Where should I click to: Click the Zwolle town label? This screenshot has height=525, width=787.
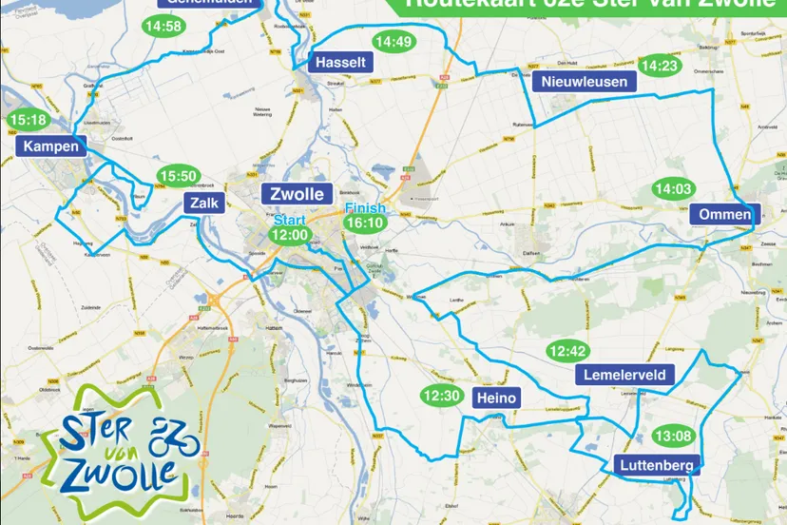tap(298, 195)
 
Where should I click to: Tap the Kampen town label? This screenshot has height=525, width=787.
tap(52, 146)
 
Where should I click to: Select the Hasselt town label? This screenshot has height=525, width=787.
tap(340, 62)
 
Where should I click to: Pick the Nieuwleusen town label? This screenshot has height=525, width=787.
tap(585, 82)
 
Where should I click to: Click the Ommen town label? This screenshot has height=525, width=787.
tap(724, 214)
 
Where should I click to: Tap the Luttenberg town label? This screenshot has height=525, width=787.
tap(658, 465)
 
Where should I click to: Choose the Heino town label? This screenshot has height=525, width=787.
tap(495, 398)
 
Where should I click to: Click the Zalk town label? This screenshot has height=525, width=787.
tap(199, 203)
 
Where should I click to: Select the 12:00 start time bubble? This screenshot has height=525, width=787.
tap(290, 234)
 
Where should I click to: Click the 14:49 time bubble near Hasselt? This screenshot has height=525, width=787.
tap(393, 42)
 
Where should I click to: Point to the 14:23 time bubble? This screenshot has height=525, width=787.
tap(660, 66)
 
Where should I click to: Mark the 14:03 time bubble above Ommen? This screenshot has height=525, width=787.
tap(672, 189)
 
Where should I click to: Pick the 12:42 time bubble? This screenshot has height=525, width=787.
tap(568, 351)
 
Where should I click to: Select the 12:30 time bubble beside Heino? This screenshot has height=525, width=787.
tap(441, 396)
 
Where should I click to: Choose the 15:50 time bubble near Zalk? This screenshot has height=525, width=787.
tap(178, 176)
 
